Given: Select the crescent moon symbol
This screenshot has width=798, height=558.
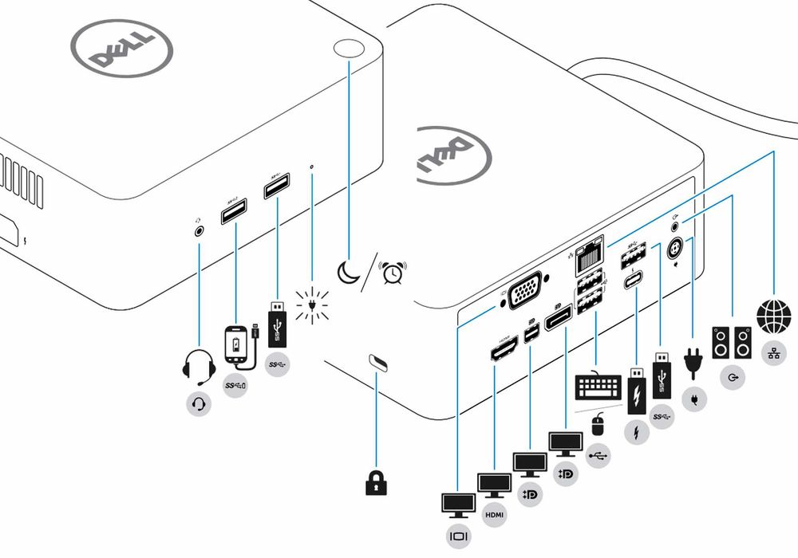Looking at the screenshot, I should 347,272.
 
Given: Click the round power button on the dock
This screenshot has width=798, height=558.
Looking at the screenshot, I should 348,48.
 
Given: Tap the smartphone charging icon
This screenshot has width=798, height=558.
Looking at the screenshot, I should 237,344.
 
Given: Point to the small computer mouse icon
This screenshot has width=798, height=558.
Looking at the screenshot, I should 595,425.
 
